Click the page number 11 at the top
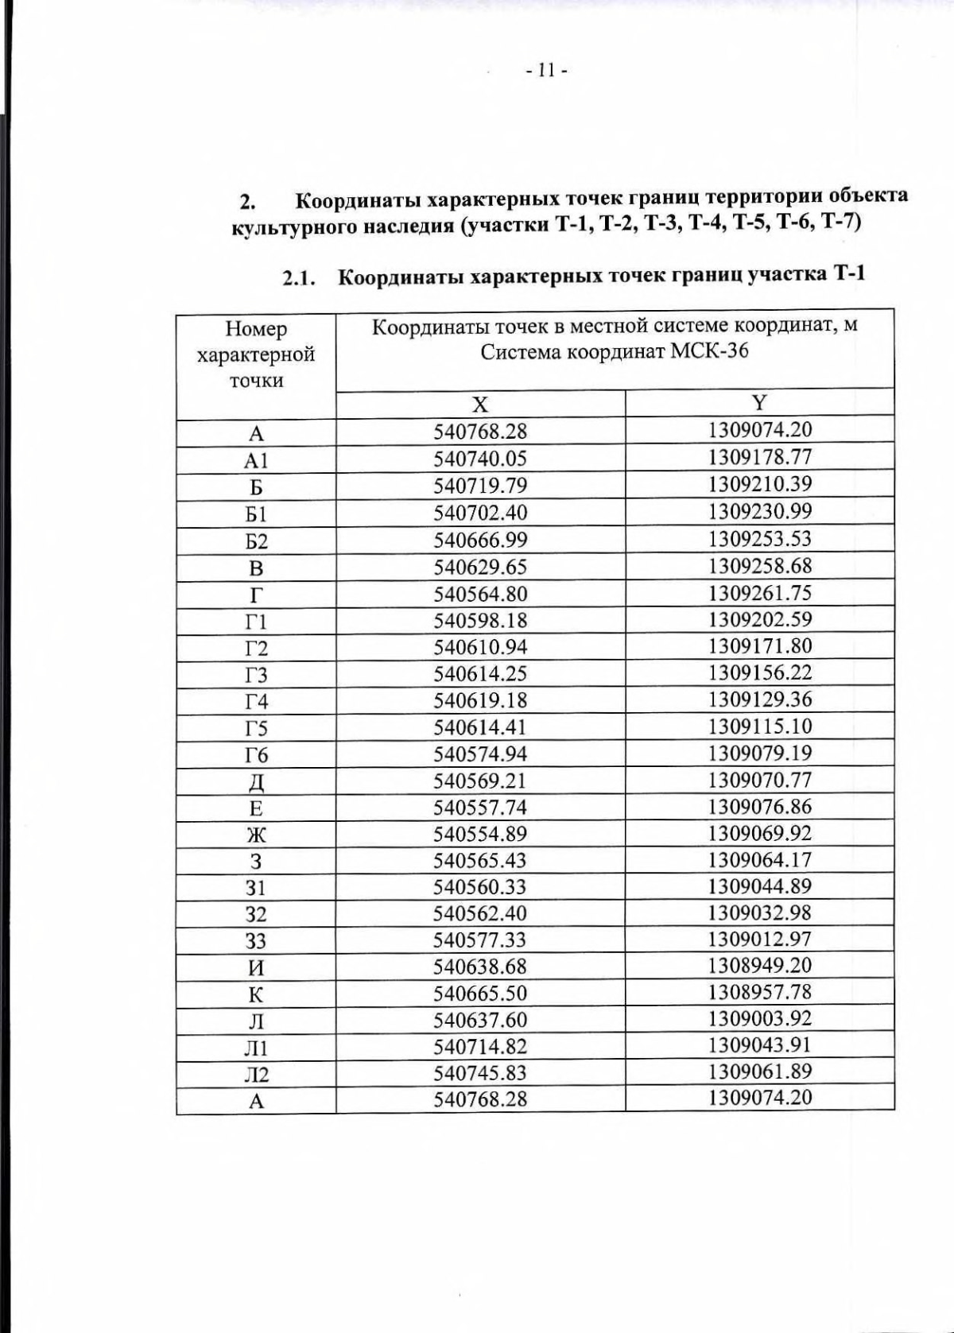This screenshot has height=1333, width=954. tap(545, 71)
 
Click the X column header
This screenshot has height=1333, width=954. tap(480, 405)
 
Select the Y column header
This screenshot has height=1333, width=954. tap(759, 402)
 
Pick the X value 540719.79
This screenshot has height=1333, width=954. tap(480, 486)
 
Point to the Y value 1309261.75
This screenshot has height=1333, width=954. tap(759, 592)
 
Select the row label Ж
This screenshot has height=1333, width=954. tap(256, 835)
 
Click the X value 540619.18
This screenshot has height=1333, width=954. tap(480, 700)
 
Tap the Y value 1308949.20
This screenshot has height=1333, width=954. tap(759, 965)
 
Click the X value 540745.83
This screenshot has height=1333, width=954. tap(480, 1073)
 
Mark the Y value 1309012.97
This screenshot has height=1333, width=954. tap(759, 939)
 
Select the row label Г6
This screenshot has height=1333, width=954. tap(256, 755)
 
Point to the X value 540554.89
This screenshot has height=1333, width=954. tap(480, 834)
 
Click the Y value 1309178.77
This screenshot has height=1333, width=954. tap(759, 457)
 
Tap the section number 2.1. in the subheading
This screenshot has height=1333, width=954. tap(299, 278)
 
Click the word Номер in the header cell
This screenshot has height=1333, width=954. tap(256, 328)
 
